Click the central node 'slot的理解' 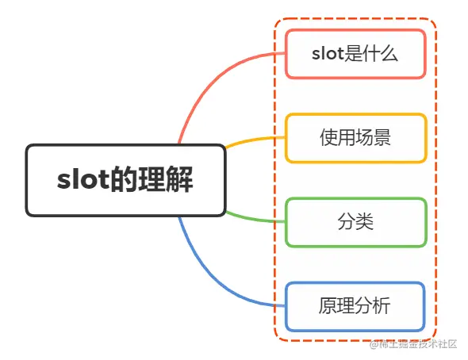[x=125, y=180]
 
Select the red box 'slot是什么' [x=355, y=54]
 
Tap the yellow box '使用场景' [x=355, y=138]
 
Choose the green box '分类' [x=355, y=222]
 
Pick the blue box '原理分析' [x=355, y=306]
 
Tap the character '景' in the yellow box [x=382, y=138]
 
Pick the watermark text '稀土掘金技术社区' [x=418, y=344]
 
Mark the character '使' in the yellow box [x=328, y=138]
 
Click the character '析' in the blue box [x=382, y=306]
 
